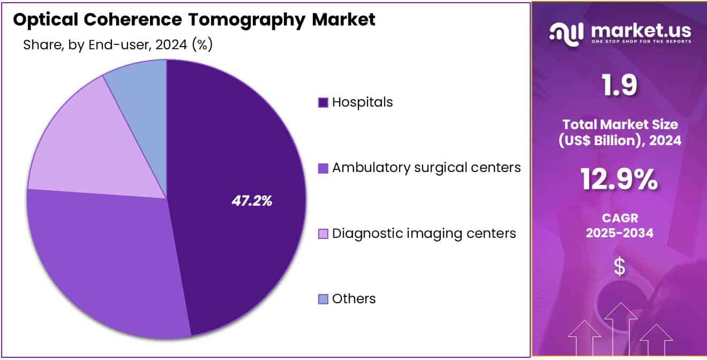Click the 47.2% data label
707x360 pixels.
[x=252, y=201]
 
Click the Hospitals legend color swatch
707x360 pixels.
[x=323, y=102]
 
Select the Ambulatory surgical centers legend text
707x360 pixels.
[x=426, y=168]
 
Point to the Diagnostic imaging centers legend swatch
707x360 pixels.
[x=323, y=234]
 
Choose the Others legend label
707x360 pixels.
[x=353, y=299]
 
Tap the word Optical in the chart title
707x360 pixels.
[x=43, y=20]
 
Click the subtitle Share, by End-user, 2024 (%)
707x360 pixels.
[x=118, y=45]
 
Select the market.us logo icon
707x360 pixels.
[x=567, y=33]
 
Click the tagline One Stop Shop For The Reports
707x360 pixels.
[x=641, y=42]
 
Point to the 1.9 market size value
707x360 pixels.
[x=619, y=86]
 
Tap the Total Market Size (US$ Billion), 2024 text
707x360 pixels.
[x=619, y=132]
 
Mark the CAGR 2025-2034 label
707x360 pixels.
[x=619, y=226]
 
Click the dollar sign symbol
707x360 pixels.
[x=619, y=266]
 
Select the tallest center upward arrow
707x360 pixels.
[x=620, y=327]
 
